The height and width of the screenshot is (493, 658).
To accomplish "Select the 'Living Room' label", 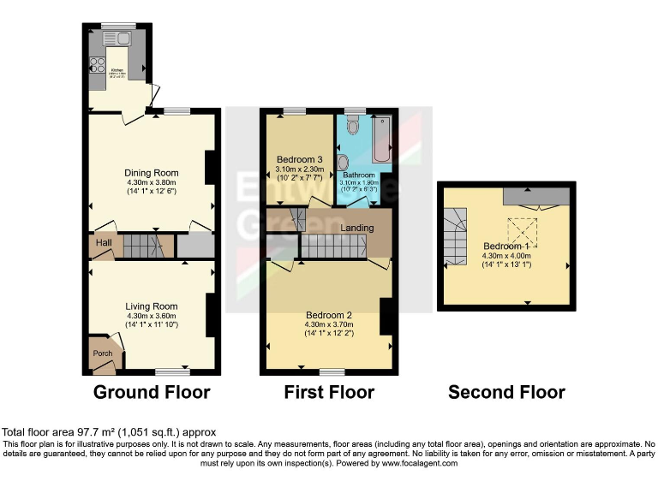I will (151, 306).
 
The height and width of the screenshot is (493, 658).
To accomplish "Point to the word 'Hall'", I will (104, 244).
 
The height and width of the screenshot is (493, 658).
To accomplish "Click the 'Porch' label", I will (103, 353).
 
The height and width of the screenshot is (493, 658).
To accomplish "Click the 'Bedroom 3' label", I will (299, 160).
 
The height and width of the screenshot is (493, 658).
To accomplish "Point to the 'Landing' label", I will (356, 229).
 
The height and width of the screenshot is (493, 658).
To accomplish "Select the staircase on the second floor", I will (455, 237).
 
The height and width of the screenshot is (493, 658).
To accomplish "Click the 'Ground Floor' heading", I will (151, 392).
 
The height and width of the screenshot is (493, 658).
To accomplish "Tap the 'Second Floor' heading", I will (506, 392).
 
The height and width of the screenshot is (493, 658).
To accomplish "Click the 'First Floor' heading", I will (329, 392).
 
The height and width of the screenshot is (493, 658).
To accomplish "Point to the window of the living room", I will (173, 371).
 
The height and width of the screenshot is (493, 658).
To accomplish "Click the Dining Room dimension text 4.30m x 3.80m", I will (151, 182).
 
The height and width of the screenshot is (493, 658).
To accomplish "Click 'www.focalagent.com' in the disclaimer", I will (419, 463).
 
